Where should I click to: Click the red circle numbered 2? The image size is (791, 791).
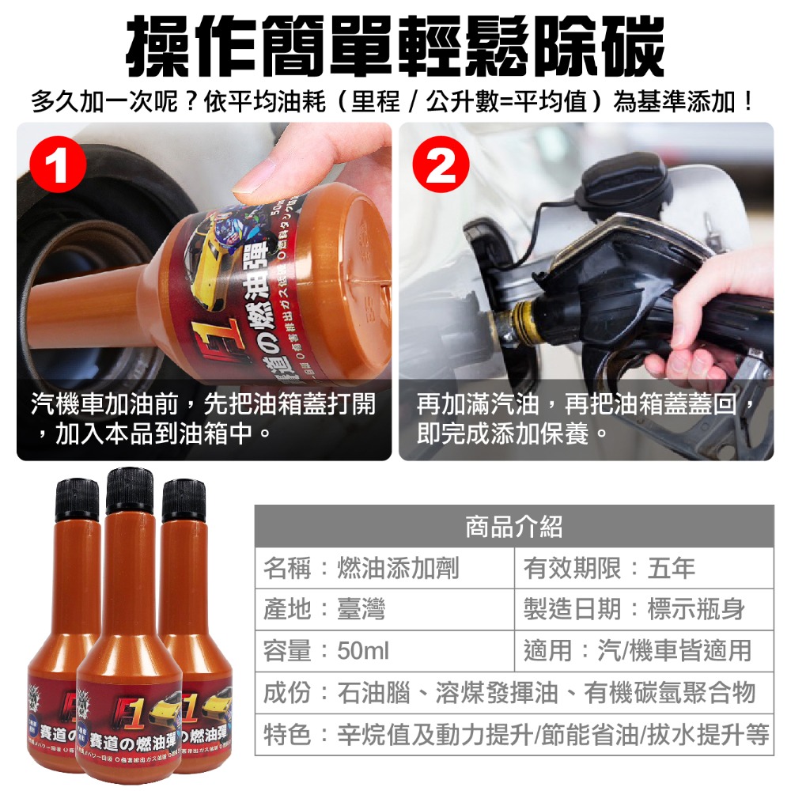(440, 168)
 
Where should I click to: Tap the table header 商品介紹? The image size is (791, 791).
(514, 527)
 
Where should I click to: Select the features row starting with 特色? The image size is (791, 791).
(514, 735)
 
